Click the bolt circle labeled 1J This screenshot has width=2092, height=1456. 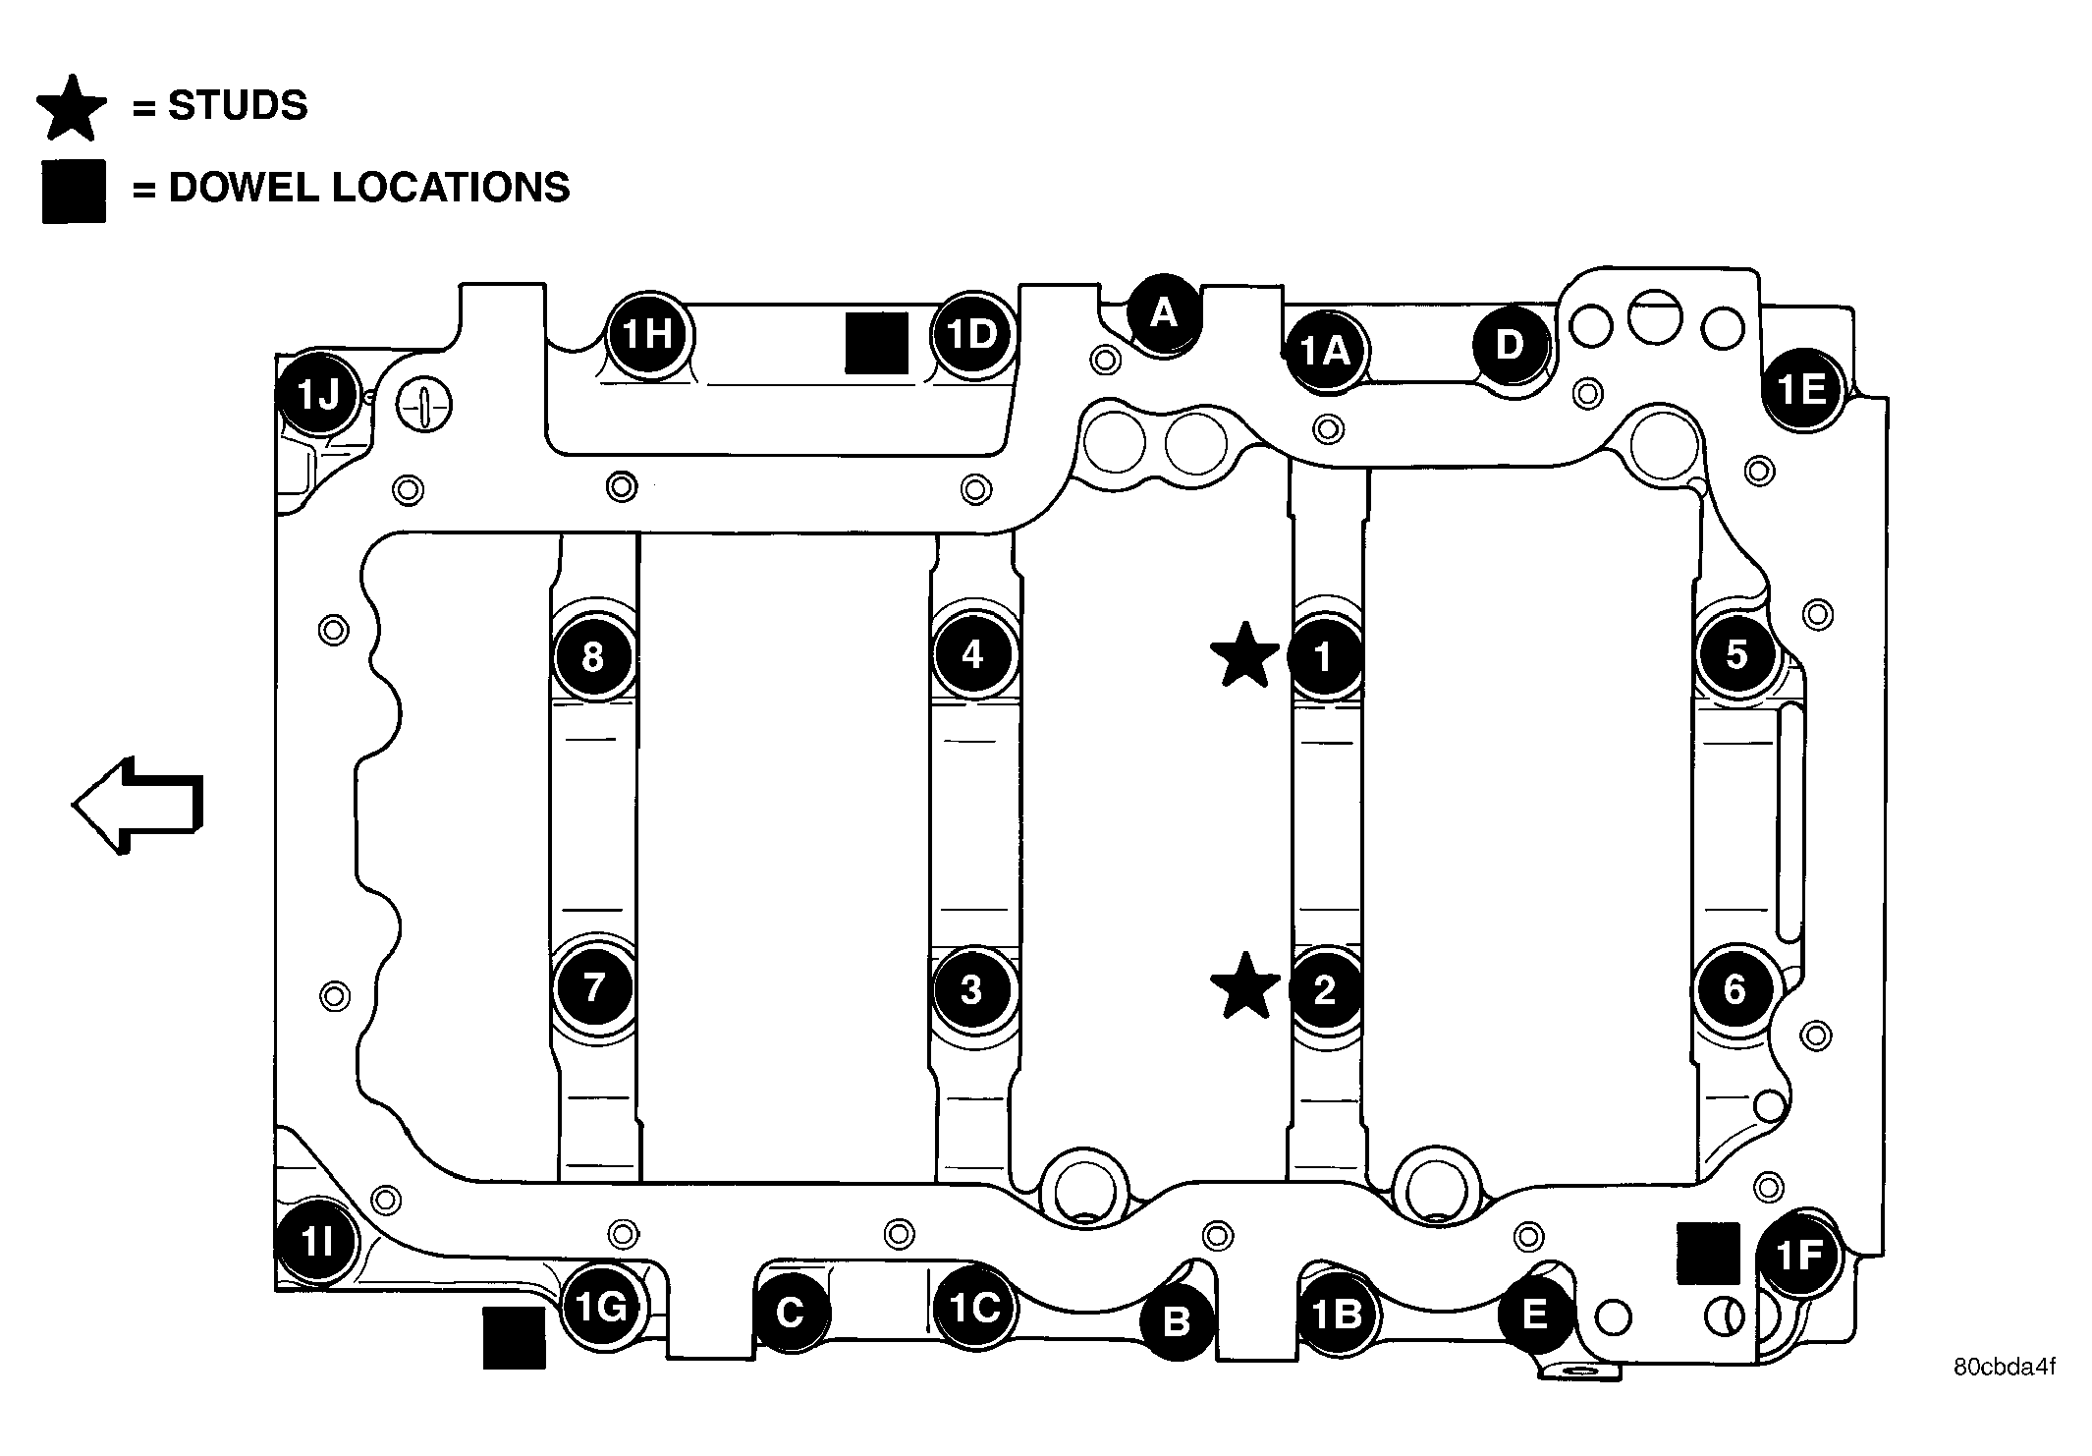coord(318,396)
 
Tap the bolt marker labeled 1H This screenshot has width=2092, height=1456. coord(648,335)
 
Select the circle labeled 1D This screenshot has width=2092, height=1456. coord(972,335)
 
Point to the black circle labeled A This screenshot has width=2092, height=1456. coord(1164,313)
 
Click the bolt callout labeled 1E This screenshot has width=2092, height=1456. coord(1802,390)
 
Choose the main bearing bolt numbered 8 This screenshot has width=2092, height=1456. coord(592,657)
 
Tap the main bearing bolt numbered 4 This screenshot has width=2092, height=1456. coord(972,654)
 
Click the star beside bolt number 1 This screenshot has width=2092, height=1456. coord(1245,655)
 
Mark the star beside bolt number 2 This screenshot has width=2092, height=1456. coord(1245,985)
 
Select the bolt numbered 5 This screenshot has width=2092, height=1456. coord(1736,654)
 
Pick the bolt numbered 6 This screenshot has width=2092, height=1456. coord(1734,989)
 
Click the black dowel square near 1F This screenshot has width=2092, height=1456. coord(1708,1254)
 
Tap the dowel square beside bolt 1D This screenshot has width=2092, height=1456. coord(877,344)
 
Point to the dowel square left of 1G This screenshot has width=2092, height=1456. coord(514,1338)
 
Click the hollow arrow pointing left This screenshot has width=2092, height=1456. coord(138,806)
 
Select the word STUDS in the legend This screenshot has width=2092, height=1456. coord(238,105)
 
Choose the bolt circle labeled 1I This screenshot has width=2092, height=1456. coord(317,1243)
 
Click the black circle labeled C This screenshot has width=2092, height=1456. coord(791,1314)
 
